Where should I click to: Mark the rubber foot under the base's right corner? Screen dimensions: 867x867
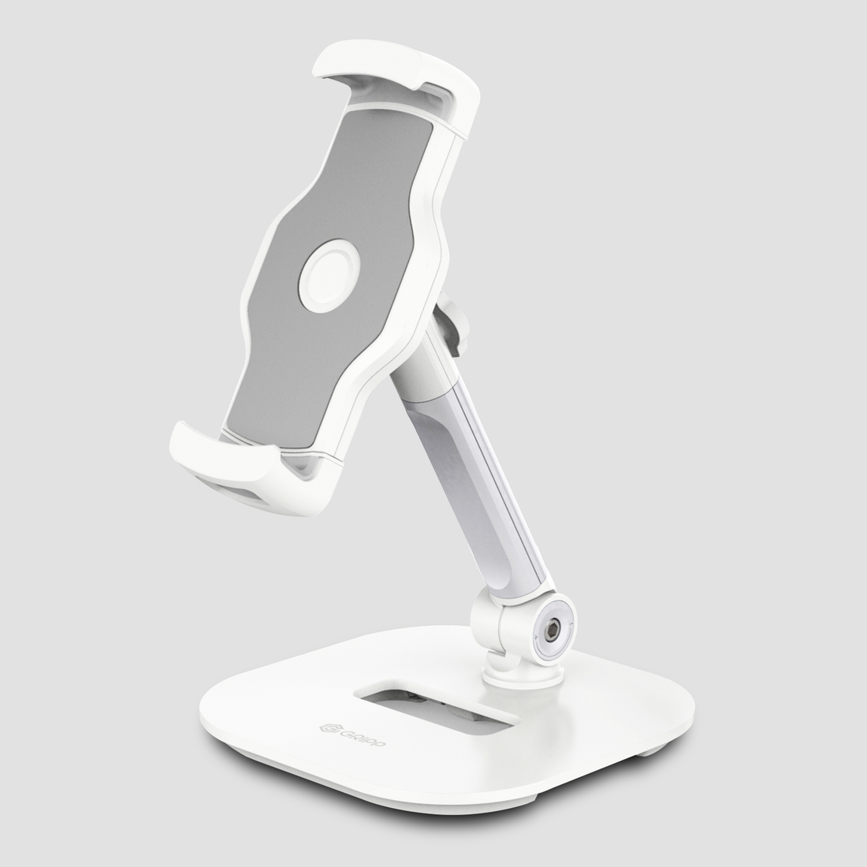point(650,754)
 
